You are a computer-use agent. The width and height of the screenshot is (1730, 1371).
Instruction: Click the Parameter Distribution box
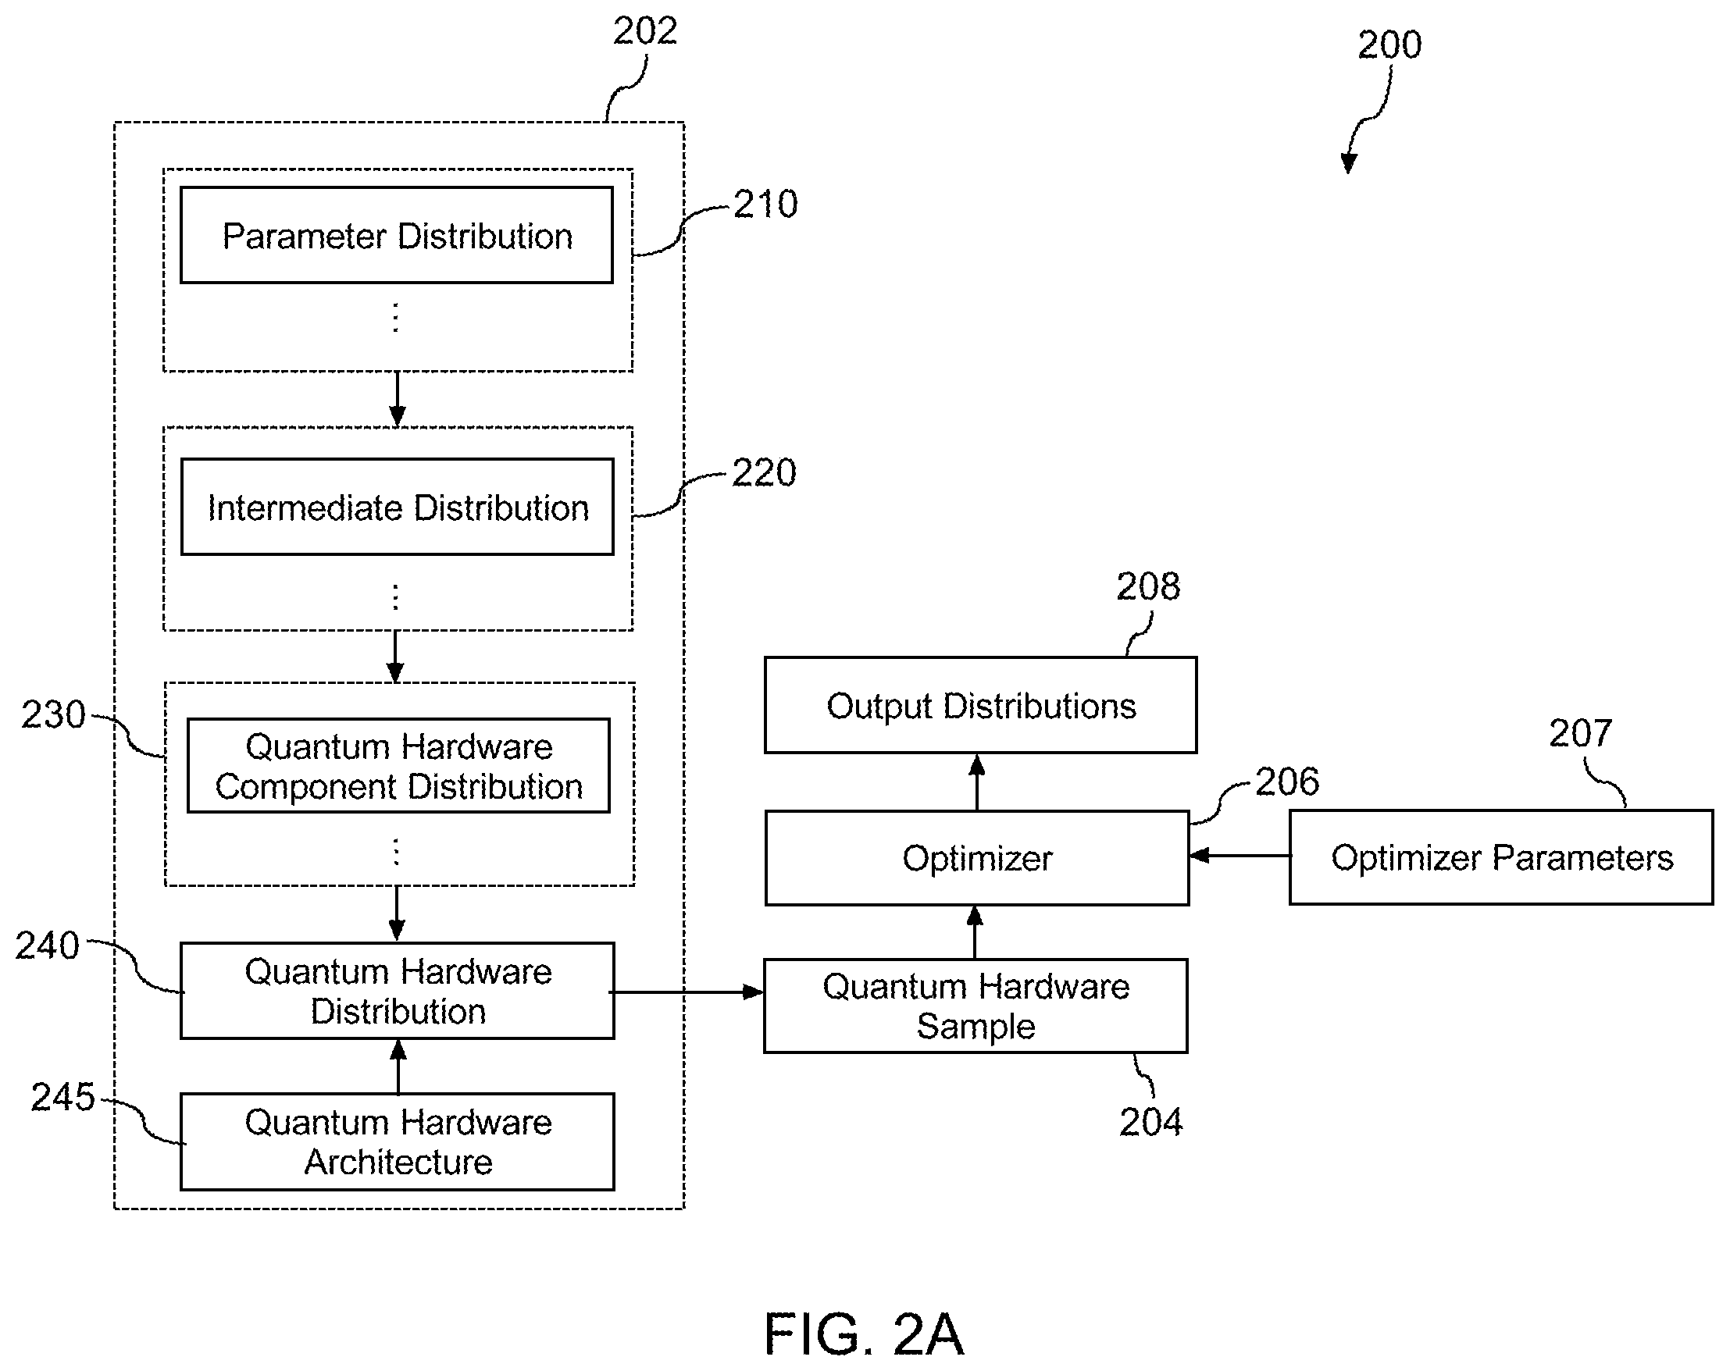(x=397, y=235)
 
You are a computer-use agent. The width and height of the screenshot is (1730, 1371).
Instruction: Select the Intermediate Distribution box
(x=398, y=506)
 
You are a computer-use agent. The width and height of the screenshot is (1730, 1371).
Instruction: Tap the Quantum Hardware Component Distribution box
(x=398, y=765)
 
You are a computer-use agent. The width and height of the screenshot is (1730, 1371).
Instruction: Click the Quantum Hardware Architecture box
(x=398, y=1141)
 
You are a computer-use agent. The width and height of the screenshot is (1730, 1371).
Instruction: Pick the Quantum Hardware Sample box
(x=975, y=1005)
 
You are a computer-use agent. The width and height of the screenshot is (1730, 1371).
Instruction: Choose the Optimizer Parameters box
(x=1500, y=856)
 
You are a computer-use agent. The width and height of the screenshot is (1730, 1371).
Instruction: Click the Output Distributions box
(x=980, y=705)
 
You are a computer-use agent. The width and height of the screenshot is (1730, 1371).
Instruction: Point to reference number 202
(x=645, y=30)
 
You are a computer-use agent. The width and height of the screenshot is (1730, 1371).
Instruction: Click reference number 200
(x=1389, y=45)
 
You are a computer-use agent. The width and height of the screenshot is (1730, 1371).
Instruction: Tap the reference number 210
(x=765, y=204)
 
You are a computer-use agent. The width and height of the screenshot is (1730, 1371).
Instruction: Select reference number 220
(x=764, y=472)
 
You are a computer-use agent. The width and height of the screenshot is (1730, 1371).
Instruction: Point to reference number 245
(x=62, y=1097)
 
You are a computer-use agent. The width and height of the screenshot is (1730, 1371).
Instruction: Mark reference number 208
(x=1148, y=586)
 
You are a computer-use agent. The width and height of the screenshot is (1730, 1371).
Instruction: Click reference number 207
(x=1580, y=732)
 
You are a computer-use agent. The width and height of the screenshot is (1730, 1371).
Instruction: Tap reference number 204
(x=1150, y=1121)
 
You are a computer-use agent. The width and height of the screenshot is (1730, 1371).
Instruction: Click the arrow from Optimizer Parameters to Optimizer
(x=1240, y=856)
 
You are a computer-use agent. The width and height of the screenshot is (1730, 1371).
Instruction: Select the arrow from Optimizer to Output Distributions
(x=976, y=782)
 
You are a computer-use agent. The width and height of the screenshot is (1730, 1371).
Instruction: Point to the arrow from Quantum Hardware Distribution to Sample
(x=687, y=992)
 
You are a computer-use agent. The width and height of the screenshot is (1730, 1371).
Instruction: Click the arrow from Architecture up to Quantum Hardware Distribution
(x=398, y=1067)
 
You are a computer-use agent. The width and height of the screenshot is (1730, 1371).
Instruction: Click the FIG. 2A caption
(x=863, y=1334)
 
